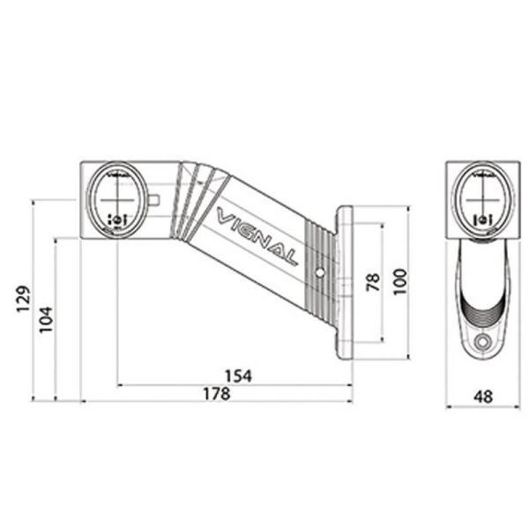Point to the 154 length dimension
[x=237, y=376]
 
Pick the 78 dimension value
[x=371, y=282]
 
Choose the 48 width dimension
[x=482, y=397]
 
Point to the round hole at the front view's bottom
[x=481, y=342]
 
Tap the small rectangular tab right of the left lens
[x=154, y=200]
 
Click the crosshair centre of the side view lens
[x=115, y=195]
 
